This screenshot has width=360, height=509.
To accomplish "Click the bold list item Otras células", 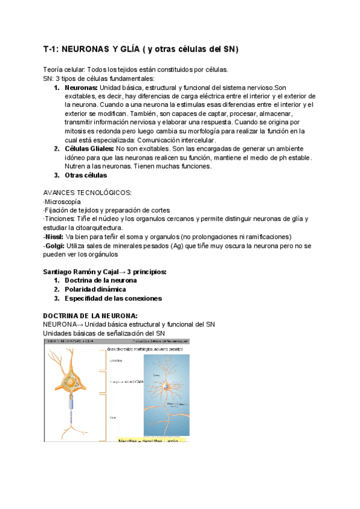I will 86,175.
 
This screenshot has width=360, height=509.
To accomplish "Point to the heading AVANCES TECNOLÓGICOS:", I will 88,193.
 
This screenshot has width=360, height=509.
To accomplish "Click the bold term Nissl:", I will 55,236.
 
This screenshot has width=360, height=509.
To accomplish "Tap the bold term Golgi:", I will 55,245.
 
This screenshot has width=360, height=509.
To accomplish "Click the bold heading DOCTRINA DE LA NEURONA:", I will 91,315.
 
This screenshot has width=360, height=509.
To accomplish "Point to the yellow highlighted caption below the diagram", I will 152,440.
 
